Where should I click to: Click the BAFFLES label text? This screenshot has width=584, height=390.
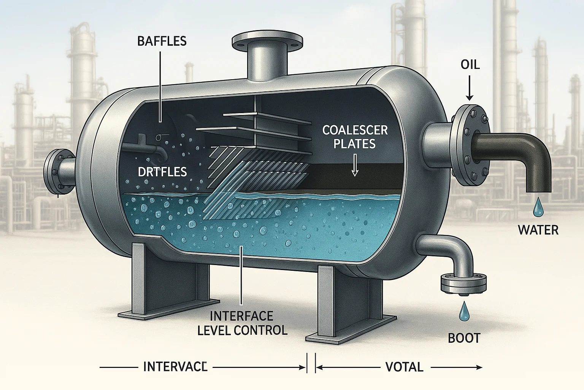[x=162, y=41]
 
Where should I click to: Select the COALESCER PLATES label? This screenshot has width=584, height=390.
[x=355, y=137]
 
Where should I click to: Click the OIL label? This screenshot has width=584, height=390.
[x=470, y=65]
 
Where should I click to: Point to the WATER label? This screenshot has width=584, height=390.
[x=538, y=230]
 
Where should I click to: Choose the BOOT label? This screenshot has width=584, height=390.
[x=464, y=338]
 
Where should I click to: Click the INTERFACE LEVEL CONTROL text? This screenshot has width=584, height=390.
[x=242, y=323]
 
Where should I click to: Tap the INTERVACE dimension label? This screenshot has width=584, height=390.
[x=175, y=367]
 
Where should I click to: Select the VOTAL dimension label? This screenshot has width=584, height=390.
[x=404, y=367]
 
